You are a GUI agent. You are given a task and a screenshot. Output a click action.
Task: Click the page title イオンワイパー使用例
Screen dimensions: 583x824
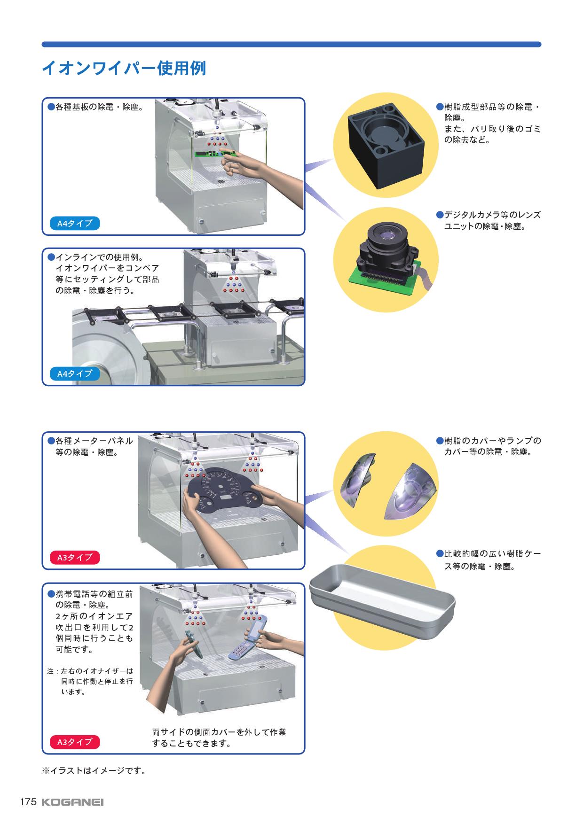pos(124,69)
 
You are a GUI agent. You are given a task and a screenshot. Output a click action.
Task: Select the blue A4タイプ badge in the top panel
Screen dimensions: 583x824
pos(75,223)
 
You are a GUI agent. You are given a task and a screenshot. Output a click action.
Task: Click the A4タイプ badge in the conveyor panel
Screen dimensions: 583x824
pos(75,374)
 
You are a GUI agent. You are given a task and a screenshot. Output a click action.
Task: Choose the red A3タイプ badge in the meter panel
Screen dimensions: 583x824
pos(75,558)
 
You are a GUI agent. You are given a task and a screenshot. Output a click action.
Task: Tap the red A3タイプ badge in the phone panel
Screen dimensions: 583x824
pos(75,742)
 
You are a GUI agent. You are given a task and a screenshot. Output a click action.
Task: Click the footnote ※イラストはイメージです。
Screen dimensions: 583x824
pos(94,771)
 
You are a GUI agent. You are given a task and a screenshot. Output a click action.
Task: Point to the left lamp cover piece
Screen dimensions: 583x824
pos(356,479)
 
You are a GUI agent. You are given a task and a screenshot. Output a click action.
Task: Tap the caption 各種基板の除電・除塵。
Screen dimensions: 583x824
pos(95,107)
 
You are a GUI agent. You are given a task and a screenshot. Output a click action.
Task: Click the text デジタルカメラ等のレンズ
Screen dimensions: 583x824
pos(488,215)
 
